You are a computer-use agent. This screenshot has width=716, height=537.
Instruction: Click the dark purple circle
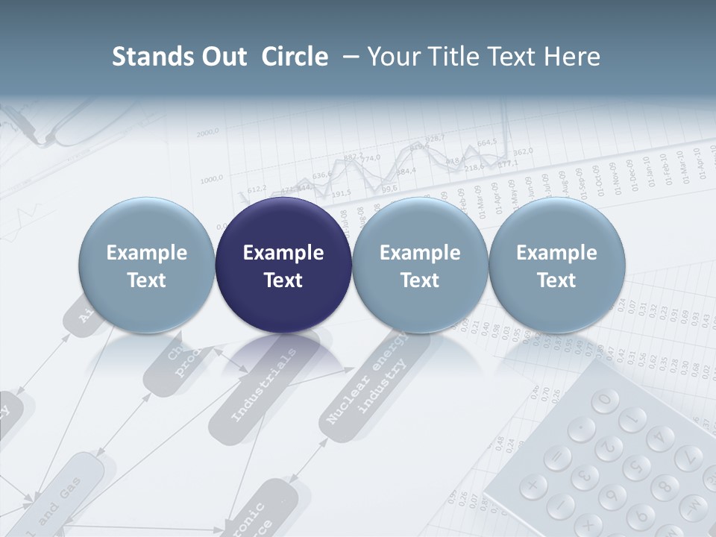[283, 266]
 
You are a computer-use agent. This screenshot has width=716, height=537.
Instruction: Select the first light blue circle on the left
[146, 266]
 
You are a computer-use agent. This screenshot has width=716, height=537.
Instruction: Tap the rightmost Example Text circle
[556, 266]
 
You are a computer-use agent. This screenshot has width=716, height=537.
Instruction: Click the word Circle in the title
[295, 57]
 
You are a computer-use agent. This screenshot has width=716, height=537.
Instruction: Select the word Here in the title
[572, 57]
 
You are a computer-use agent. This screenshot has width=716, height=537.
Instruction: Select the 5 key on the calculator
[636, 466]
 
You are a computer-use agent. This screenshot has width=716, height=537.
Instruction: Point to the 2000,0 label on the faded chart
[208, 134]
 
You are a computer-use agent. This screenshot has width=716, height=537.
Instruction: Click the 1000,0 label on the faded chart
[212, 179]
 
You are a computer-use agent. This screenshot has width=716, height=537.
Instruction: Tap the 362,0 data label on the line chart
[523, 151]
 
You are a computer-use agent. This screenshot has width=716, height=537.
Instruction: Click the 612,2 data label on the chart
[257, 189]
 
